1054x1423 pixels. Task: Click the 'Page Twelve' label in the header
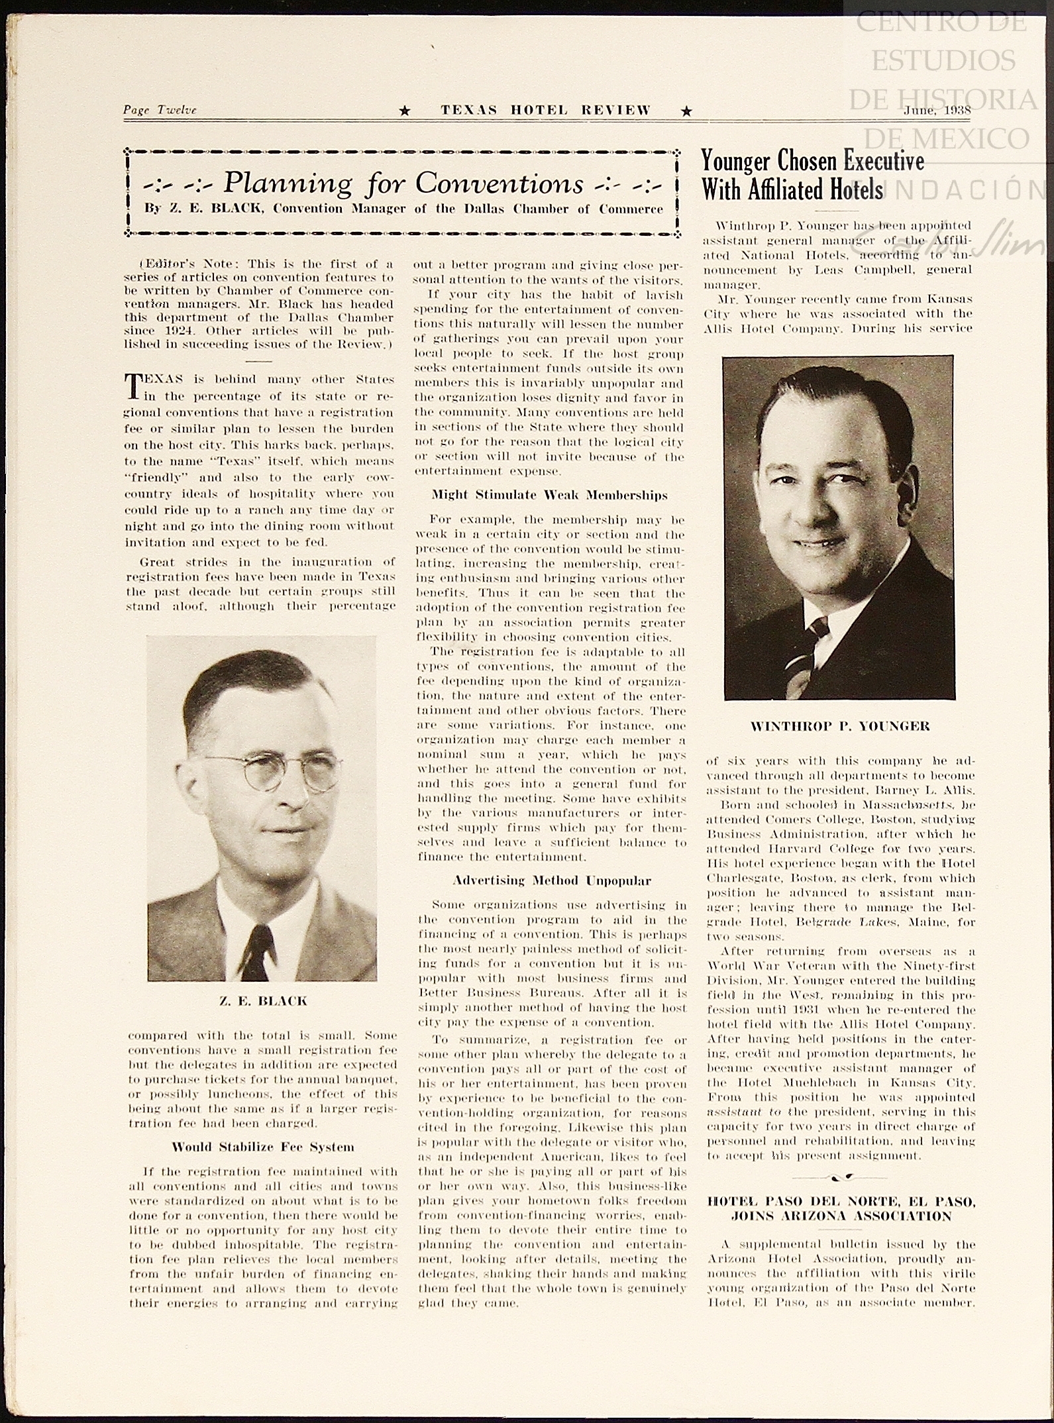click(x=160, y=110)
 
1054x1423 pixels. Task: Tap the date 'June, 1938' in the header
click(x=937, y=110)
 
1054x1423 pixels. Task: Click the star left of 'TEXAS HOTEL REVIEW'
click(x=405, y=111)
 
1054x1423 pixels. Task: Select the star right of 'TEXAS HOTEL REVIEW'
click(x=687, y=111)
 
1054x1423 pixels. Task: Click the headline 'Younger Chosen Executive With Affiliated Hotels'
click(x=813, y=175)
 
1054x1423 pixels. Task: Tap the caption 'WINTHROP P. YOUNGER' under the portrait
click(x=839, y=726)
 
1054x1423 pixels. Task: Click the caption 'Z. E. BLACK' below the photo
click(x=263, y=1000)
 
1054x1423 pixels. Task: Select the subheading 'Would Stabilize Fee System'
click(x=263, y=1147)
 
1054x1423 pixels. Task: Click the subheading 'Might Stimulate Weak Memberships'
click(x=550, y=495)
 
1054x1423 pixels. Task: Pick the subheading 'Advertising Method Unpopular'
click(x=552, y=880)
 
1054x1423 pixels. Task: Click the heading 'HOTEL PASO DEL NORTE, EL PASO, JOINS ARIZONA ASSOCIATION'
click(x=841, y=1208)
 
